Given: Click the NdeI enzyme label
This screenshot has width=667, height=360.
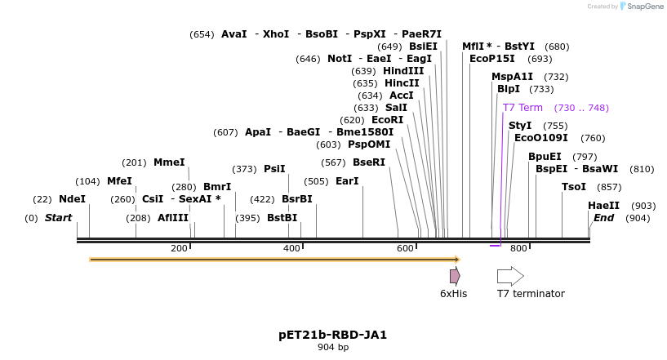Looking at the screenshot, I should coord(72,199).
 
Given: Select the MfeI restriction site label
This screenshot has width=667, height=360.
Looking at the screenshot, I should coord(119,181).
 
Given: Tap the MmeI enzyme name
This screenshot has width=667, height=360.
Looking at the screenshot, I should coord(169,162).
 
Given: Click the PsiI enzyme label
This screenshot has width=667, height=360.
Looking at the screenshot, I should coord(274,169).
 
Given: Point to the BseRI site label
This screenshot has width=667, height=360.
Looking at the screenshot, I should coord(368,162).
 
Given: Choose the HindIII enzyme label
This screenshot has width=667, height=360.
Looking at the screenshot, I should coord(403,71).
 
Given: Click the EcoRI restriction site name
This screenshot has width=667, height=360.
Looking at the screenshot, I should coord(387,120).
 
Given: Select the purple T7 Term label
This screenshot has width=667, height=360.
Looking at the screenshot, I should coord(522,108).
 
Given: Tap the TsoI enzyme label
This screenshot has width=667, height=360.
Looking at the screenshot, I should coord(574,187).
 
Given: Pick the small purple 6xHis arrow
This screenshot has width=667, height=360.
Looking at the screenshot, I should coord(455,276).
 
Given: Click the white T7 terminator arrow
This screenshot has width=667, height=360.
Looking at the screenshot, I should coord(510,276).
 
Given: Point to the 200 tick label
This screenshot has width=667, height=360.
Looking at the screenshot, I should coord(179,248).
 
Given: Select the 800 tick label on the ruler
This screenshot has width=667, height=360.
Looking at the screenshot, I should coord(518,248).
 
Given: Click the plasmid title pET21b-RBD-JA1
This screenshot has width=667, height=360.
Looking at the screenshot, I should coord(332,335).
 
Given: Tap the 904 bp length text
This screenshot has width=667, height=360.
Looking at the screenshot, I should coord(332,348).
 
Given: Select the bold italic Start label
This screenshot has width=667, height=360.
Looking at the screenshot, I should coord(58,218).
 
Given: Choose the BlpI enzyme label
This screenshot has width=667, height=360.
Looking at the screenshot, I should coord(508,89).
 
